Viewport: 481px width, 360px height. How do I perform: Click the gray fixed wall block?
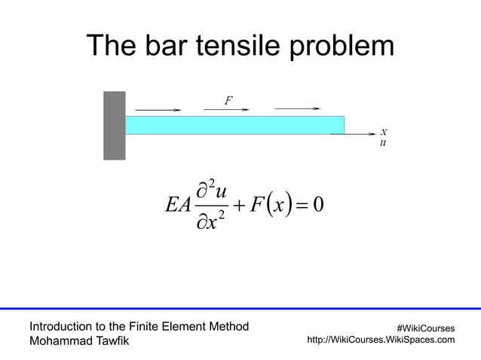click(x=114, y=125)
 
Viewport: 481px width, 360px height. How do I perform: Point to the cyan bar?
click(x=234, y=125)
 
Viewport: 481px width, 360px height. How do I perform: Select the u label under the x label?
click(x=384, y=142)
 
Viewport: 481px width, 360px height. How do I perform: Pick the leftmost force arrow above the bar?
click(x=155, y=110)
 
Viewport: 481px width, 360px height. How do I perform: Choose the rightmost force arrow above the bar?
click(x=298, y=108)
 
